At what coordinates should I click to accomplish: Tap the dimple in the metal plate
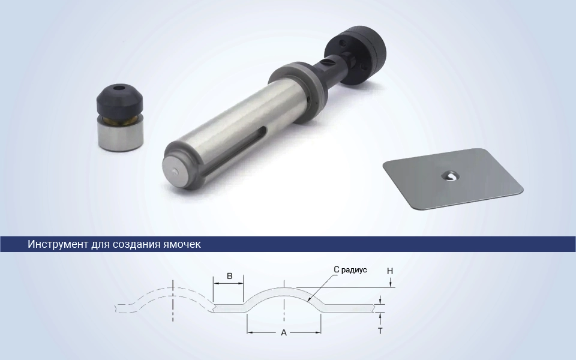[x=451, y=176]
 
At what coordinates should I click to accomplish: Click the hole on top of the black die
[x=118, y=88]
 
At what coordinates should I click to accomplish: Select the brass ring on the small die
[x=119, y=120]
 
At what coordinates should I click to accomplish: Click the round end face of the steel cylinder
[x=177, y=170]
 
